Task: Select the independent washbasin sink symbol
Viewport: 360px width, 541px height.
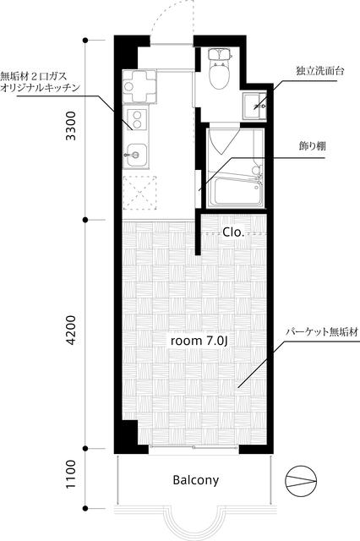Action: [x=254, y=107]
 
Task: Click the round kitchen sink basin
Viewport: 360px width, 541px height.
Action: [x=133, y=154]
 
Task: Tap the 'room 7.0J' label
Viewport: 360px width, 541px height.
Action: [x=199, y=341]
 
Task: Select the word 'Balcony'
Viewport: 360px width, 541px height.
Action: [x=195, y=480]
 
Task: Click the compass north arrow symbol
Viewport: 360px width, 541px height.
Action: [x=302, y=479]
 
